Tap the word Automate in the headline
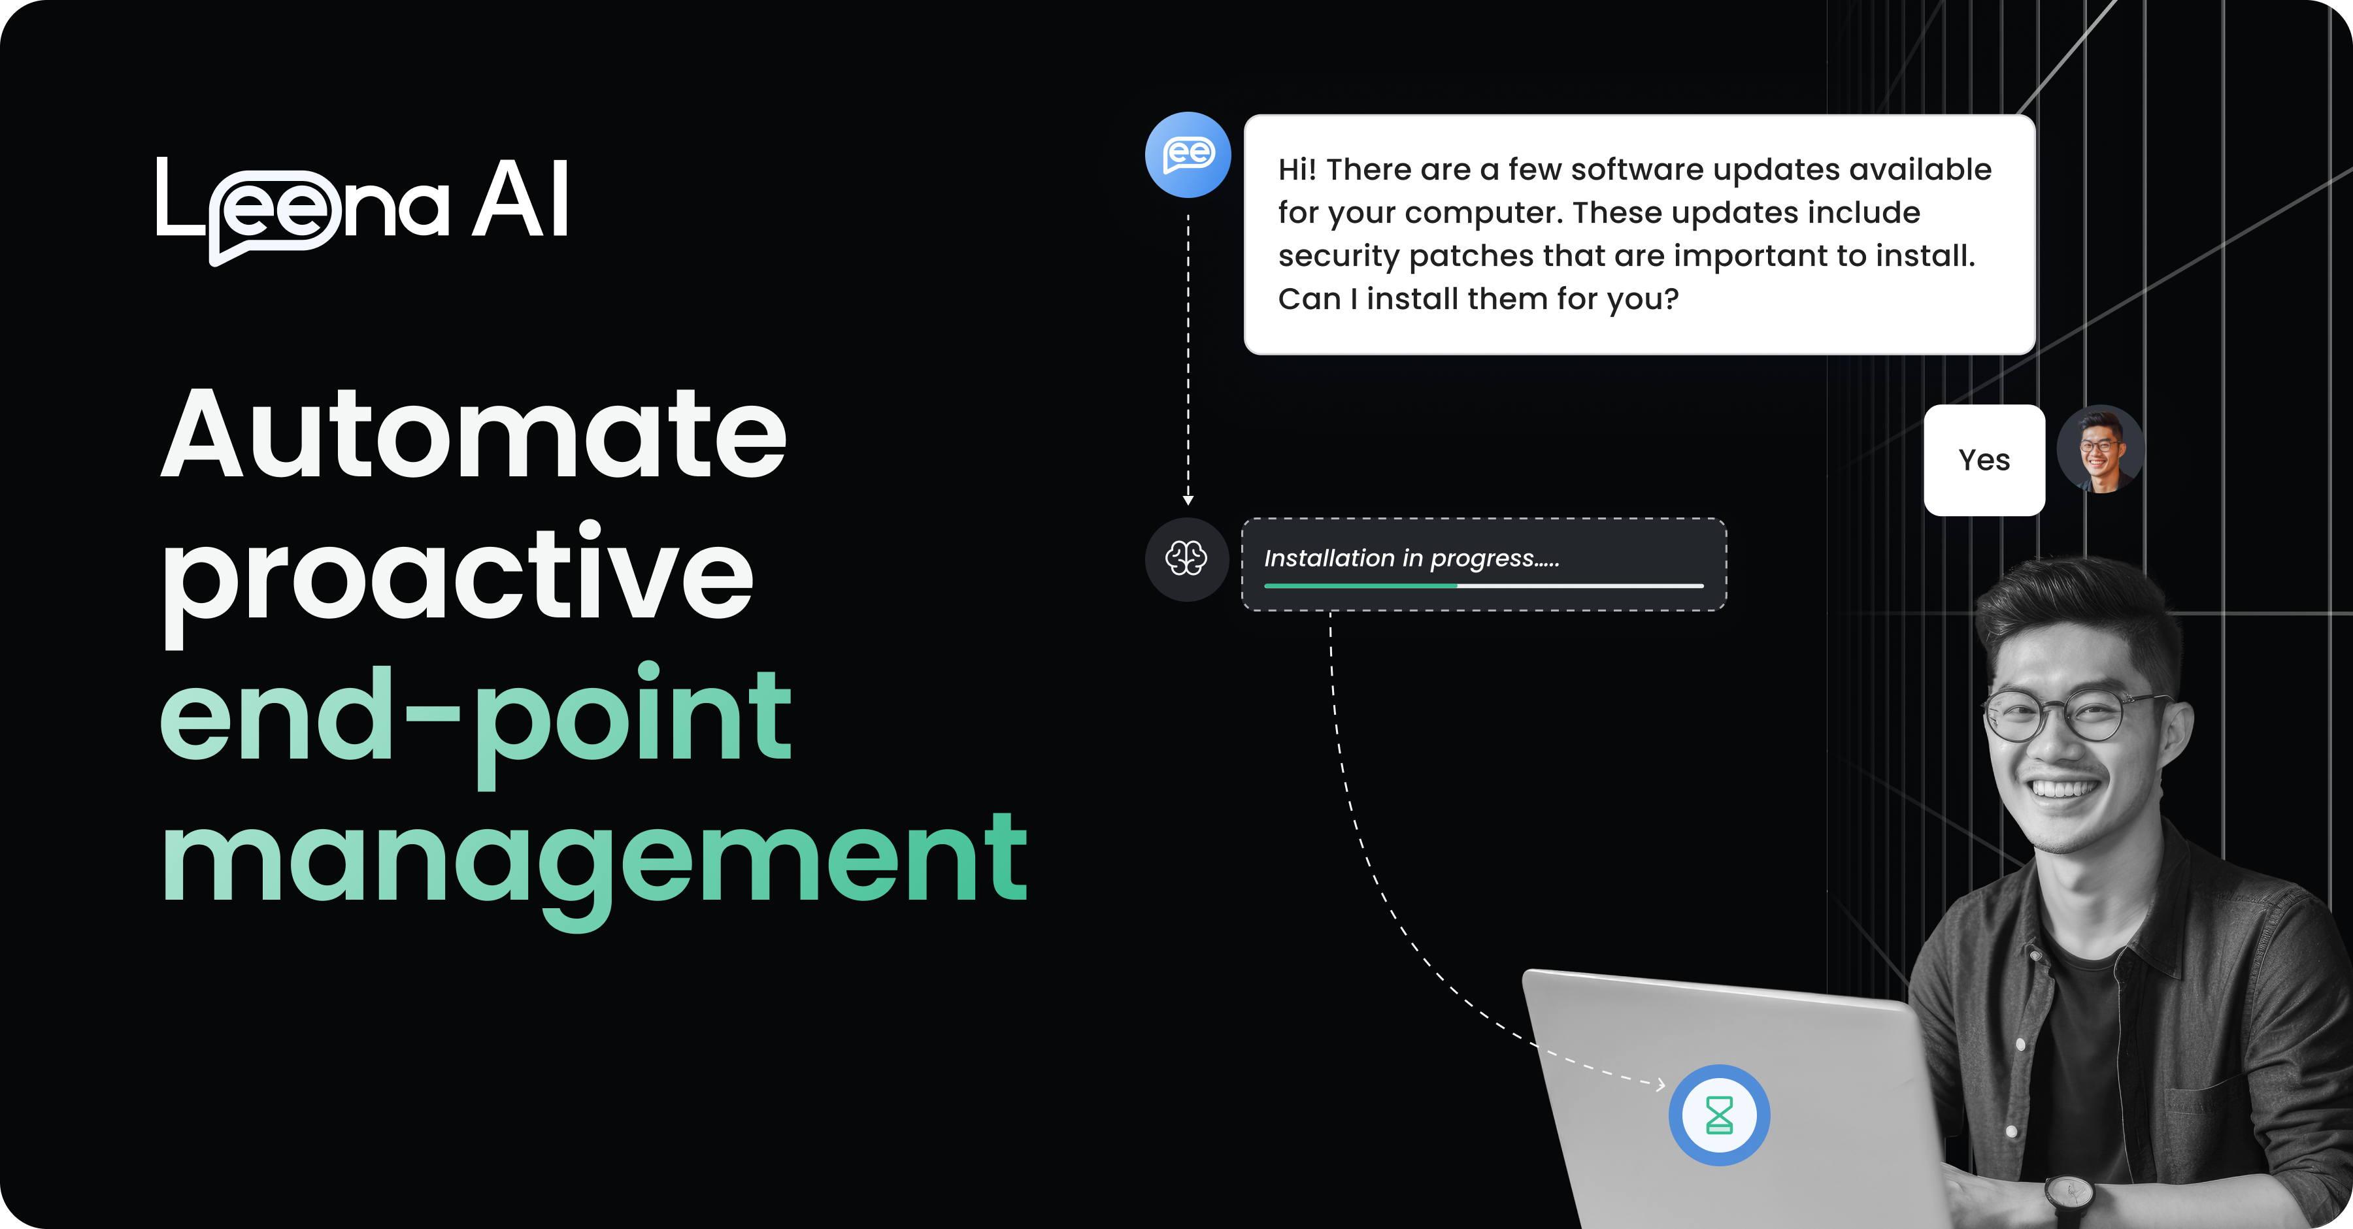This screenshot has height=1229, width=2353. [473, 434]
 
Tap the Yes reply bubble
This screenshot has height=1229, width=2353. [1984, 460]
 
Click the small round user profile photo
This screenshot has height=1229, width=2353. [2100, 450]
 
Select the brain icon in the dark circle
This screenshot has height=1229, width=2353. [1186, 558]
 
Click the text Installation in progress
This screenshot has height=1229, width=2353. [1411, 558]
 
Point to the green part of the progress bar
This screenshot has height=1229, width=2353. [1360, 585]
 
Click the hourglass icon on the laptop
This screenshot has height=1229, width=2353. [1719, 1115]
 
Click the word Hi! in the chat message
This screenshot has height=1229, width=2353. [1297, 170]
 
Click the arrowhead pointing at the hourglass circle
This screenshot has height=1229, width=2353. [1661, 1085]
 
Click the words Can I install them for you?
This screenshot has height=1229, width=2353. [1478, 299]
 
